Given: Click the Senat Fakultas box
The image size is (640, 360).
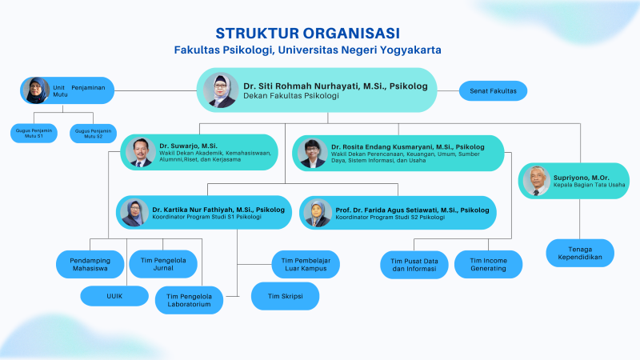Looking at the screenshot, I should [493, 90].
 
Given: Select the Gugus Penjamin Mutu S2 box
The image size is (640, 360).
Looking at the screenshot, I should [93, 133].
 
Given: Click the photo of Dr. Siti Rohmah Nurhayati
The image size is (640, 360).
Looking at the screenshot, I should [220, 90].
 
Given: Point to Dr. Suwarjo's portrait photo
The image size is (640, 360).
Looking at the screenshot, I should [140, 152].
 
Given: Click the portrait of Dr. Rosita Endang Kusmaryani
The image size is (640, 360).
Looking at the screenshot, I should [311, 153].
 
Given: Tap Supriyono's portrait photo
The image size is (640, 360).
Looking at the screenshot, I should [536, 180].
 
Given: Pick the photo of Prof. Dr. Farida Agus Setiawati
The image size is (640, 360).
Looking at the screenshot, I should [318, 212].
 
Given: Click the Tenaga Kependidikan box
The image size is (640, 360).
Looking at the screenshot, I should [580, 252].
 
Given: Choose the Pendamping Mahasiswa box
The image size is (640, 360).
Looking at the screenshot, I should [89, 263].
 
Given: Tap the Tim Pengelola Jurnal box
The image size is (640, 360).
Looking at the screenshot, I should [164, 263].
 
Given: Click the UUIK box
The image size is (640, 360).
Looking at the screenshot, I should [114, 296].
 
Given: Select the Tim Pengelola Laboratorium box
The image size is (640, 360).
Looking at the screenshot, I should [189, 300].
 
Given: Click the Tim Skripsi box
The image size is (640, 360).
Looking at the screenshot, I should [286, 296].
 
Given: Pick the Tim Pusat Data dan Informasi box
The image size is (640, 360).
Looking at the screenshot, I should [414, 264].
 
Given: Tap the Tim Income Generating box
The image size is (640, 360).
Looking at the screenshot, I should [488, 264].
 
